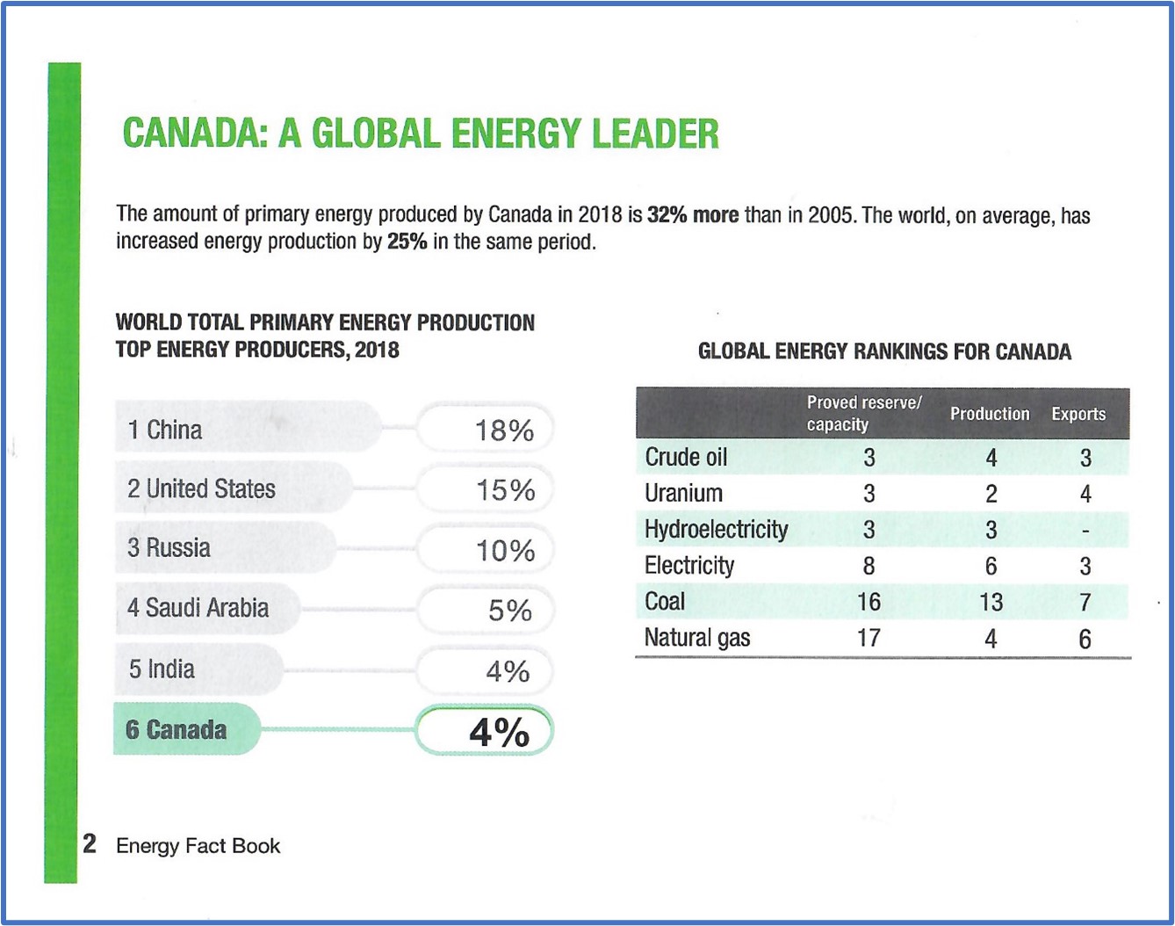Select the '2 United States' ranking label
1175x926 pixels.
202,488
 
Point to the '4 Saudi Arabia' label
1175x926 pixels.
198,608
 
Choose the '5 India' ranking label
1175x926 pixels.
162,669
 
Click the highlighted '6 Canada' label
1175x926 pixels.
177,730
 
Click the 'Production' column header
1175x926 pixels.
990,414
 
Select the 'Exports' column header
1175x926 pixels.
1078,414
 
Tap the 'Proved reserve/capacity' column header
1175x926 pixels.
864,413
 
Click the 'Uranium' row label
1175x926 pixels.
683,494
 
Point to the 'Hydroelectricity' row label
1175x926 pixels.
716,530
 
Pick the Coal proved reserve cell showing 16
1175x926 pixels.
869,602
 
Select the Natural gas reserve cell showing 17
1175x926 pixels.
869,638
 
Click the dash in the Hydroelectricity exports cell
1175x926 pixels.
1085,531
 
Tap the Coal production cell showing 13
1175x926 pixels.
991,602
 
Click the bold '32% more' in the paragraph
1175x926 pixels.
693,215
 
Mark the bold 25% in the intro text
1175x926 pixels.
407,242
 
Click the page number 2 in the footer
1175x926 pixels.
90,843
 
